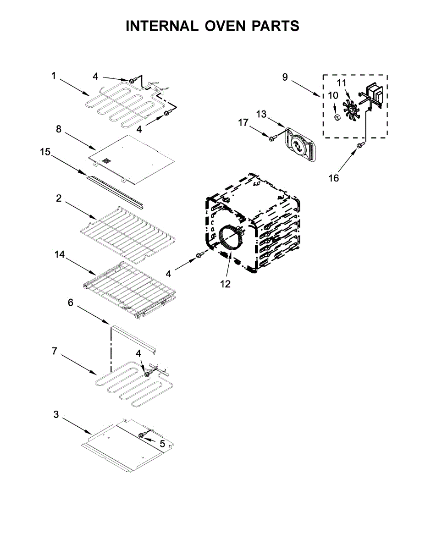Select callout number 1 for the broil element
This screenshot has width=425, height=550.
tap(54, 76)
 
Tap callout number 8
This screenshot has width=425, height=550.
tap(59, 129)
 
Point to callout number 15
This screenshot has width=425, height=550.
tap(45, 152)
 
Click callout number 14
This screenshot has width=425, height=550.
tap(60, 255)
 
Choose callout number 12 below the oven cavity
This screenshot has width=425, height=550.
tap(225, 284)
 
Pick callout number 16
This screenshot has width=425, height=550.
tap(334, 178)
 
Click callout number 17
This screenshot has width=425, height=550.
tap(243, 122)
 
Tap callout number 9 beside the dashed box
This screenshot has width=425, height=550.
tap(285, 77)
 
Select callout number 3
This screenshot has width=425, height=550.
tap(56, 414)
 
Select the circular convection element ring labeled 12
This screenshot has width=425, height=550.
tap(230, 238)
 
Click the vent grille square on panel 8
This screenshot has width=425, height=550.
tap(106, 162)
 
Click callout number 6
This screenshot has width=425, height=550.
tap(71, 302)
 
